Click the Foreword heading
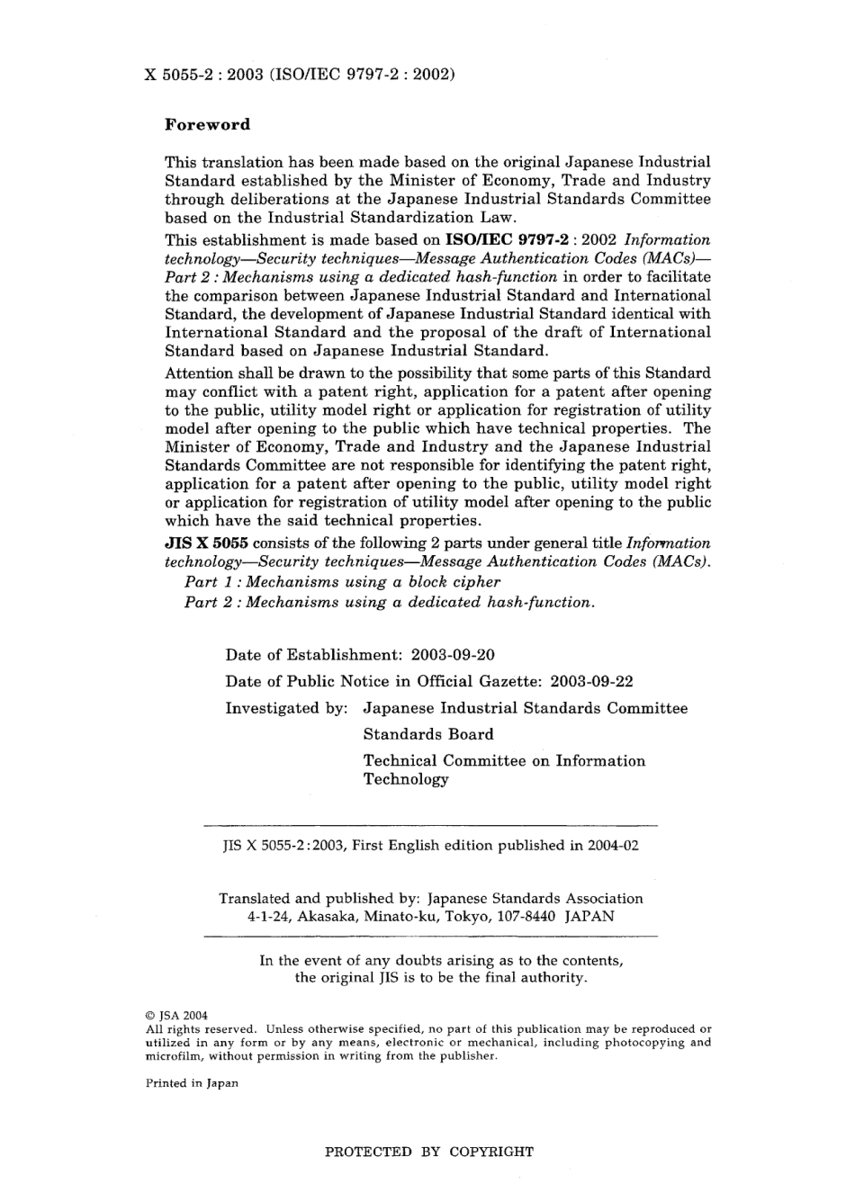point(207,125)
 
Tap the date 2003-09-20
point(452,655)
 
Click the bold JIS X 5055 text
point(206,543)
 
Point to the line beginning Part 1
point(342,582)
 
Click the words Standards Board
point(428,734)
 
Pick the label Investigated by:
point(286,708)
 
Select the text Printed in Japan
point(192,1083)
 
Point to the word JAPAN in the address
point(589,917)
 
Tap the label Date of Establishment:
point(314,655)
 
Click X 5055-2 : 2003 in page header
point(199,76)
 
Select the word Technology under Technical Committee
point(405,780)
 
